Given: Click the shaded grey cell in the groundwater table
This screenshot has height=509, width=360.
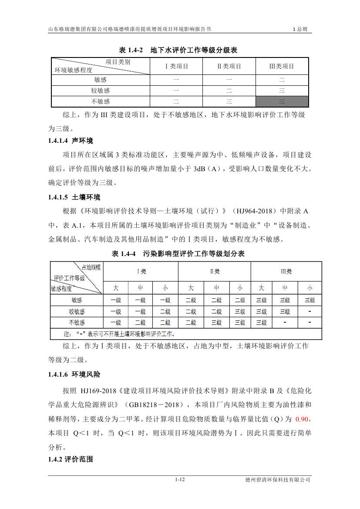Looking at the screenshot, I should click(282, 101).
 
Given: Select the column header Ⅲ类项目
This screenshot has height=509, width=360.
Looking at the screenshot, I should click(282, 66).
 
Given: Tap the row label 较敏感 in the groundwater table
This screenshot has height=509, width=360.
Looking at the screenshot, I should click(100, 91).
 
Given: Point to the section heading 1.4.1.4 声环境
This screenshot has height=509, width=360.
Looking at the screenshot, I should click(71, 141).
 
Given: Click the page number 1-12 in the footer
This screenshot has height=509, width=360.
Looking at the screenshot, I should click(180, 480).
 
